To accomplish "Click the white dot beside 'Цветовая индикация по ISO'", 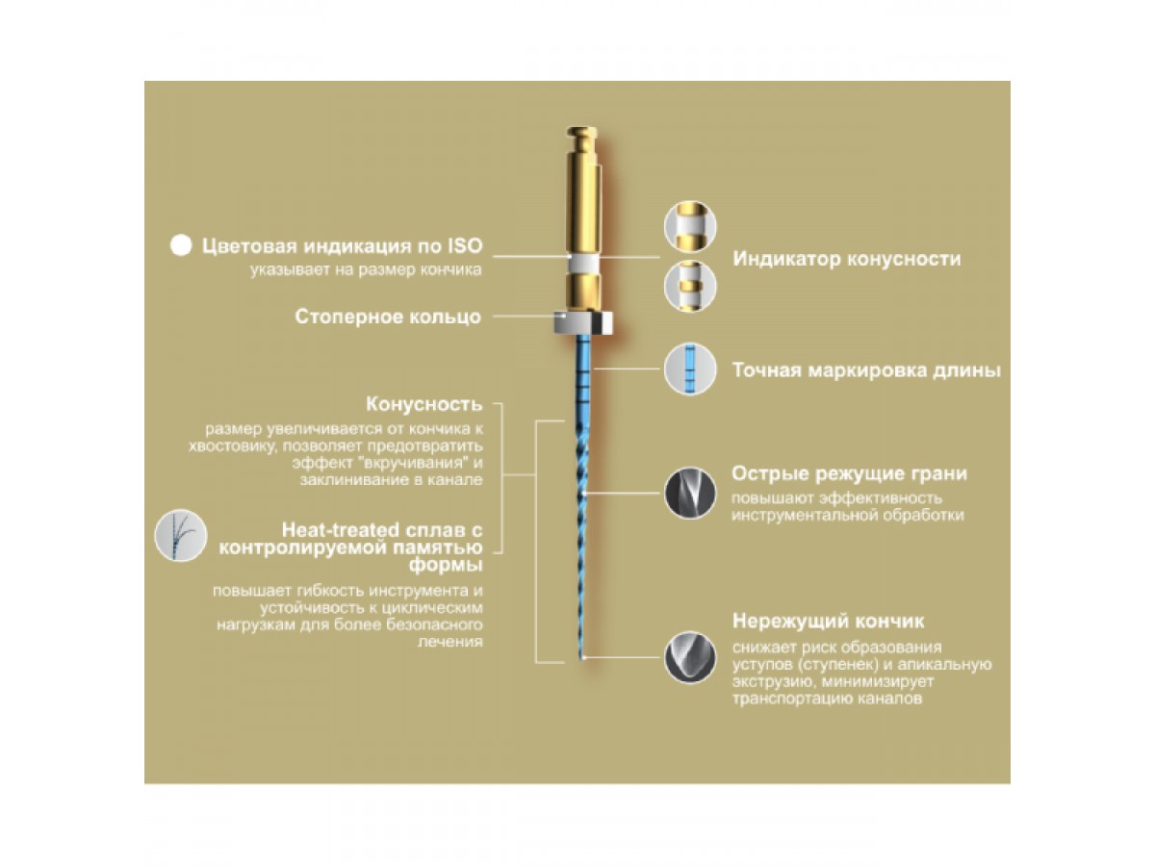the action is [181, 245].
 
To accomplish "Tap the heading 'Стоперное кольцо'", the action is [388, 317].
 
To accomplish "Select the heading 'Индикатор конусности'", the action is [847, 259].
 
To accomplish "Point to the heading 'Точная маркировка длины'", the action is [866, 370].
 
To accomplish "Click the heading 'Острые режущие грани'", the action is [849, 473].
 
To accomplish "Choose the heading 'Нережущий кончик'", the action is [828, 621].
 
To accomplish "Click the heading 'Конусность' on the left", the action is [424, 404].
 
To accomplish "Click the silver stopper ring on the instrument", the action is [583, 323].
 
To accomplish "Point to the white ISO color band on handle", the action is [583, 263].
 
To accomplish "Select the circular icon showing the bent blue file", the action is [181, 535].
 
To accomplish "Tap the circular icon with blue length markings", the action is [690, 369].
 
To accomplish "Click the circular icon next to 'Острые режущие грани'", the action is [690, 494].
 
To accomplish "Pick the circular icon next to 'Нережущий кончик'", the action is [690, 657].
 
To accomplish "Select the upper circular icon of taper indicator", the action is [690, 227].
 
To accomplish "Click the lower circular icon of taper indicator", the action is [690, 286].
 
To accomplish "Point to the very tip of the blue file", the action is [582, 659].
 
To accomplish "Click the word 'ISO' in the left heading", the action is [465, 245].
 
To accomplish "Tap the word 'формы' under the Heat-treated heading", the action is [446, 566].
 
